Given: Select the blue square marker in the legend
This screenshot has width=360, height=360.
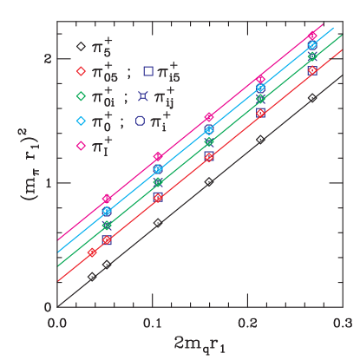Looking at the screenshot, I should point(148,70).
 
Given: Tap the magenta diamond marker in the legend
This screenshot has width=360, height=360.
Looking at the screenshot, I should point(79,146).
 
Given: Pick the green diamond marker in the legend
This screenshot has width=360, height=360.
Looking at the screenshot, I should point(79,95).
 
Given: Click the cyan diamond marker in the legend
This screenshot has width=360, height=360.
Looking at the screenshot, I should point(79,121).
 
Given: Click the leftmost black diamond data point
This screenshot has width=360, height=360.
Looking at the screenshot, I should point(92,277).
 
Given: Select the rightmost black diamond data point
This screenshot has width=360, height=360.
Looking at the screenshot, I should point(312,98).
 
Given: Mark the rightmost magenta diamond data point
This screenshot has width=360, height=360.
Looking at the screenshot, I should point(312,36).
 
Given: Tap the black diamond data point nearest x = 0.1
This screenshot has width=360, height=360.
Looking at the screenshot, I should point(158,223).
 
